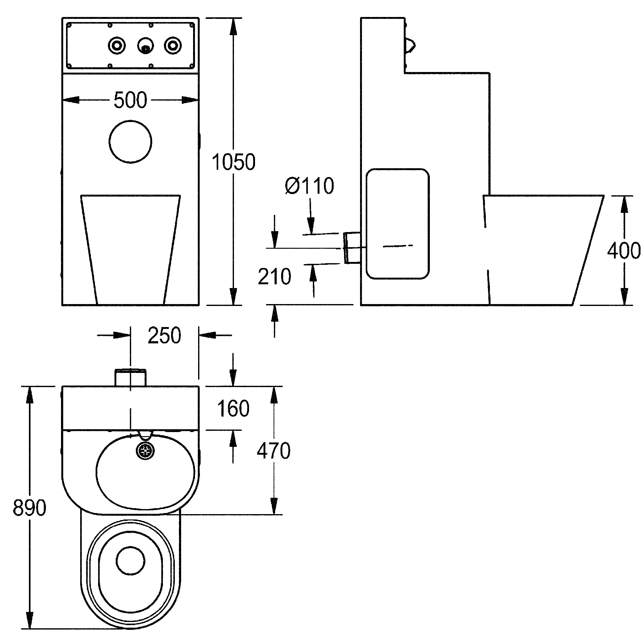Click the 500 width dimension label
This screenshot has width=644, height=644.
tap(130, 100)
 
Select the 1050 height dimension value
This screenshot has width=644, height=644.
tap(233, 162)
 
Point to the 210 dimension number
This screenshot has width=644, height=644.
tap(275, 276)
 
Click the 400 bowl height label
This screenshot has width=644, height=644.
tap(624, 250)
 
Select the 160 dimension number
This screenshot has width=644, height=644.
tap(233, 408)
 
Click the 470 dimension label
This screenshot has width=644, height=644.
tap(274, 451)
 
